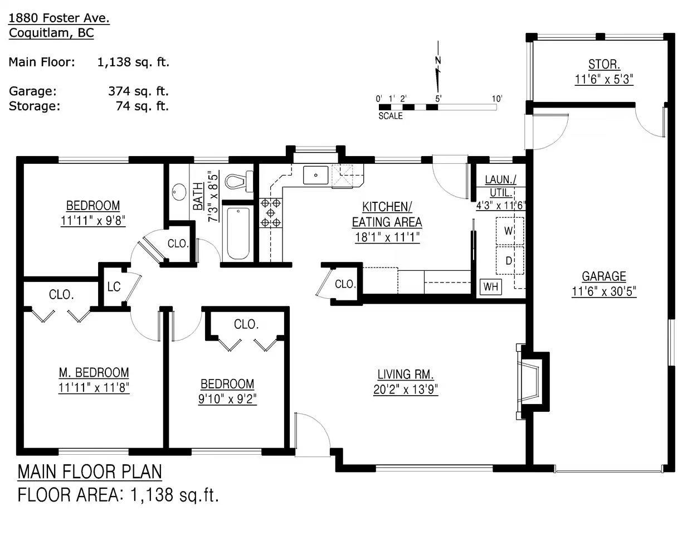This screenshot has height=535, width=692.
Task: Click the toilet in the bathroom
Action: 239,182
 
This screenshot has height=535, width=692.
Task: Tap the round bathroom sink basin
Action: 179,192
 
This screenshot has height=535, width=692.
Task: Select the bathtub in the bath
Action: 238,234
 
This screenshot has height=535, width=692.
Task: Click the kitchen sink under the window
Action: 315,175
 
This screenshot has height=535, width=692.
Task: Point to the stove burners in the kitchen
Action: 271,212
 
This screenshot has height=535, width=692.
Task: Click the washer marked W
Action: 509,231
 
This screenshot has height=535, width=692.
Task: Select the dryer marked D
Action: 509,260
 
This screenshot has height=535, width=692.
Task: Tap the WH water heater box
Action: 491,287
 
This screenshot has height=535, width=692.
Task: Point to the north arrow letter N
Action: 438,60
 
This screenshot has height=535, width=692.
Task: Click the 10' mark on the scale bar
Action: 497,99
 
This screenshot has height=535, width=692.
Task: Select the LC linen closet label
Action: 114,286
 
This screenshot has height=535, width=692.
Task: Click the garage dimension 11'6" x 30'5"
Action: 604,291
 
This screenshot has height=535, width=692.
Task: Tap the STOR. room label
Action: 604,65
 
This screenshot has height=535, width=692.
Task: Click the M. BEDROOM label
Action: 94,373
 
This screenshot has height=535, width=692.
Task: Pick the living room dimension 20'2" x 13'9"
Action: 406,390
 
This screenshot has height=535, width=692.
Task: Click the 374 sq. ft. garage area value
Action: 138,91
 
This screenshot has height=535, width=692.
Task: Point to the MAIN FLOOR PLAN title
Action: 90,472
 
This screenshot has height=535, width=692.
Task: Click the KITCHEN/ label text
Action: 387,207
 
